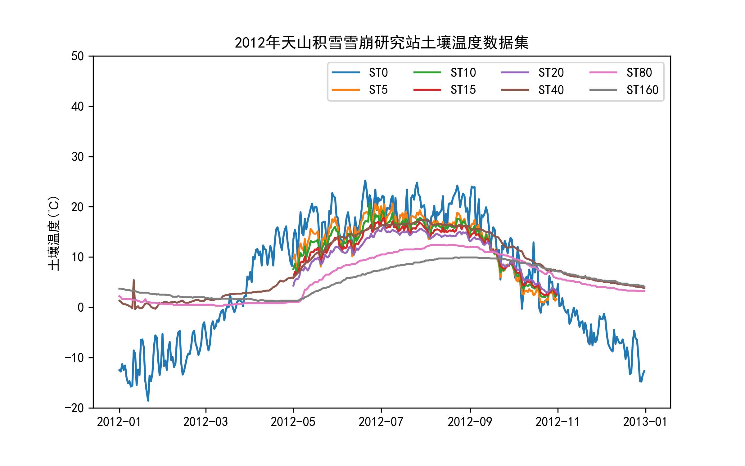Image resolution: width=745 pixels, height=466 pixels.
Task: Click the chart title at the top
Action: [x=382, y=43]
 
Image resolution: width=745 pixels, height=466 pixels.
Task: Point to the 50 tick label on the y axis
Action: [x=78, y=56]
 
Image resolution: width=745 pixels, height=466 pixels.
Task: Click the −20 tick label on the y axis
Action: [x=74, y=408]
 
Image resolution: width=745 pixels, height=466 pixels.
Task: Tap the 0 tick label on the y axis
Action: [x=81, y=308]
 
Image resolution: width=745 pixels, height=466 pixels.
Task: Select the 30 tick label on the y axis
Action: [x=78, y=157]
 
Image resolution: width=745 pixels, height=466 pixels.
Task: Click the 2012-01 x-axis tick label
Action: [x=119, y=422]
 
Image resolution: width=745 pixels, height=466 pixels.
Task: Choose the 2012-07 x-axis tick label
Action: [x=381, y=422]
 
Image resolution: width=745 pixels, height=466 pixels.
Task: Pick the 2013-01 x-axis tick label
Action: [x=645, y=422]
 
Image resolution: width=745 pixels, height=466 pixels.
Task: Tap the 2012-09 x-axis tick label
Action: [x=470, y=422]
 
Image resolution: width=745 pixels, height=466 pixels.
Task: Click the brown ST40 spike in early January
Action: [x=133, y=280]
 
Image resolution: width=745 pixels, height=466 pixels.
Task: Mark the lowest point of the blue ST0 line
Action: [x=148, y=400]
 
